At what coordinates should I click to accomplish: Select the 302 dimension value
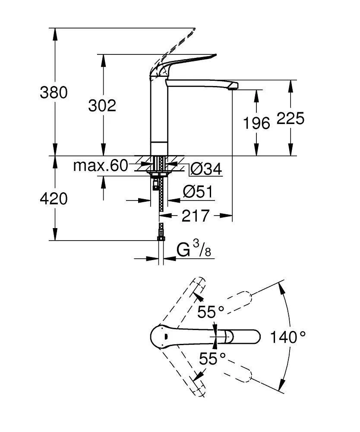102,105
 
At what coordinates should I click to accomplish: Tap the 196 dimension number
256,123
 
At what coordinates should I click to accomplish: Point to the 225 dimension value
291,118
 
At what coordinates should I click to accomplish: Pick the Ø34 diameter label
206,169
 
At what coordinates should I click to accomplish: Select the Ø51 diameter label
198,191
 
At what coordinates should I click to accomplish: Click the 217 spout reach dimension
195,216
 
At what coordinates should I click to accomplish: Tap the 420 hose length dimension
54,199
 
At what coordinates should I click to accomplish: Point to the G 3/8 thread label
194,250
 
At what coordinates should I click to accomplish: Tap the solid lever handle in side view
186,63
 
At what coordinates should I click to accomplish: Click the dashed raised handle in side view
177,43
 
